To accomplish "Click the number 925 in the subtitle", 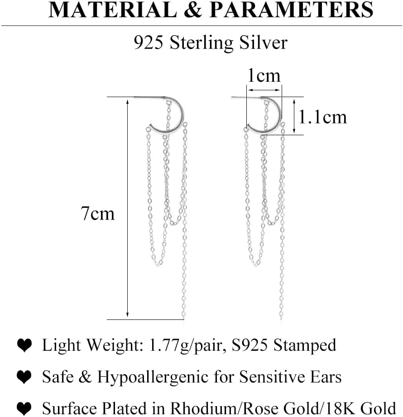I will [x=147, y=43].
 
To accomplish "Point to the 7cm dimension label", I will [x=98, y=213].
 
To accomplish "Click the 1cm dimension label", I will [x=263, y=75].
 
